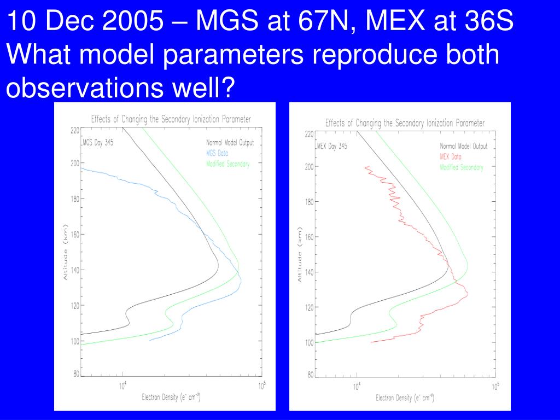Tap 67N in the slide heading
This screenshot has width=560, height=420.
(x=305, y=22)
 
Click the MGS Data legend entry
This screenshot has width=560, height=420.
(x=217, y=153)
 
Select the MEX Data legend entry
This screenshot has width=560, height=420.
(x=451, y=156)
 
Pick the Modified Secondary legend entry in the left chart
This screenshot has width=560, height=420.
(x=228, y=164)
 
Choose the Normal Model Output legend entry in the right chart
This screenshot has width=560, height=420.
(x=464, y=146)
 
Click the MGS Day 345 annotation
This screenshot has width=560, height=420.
(x=98, y=143)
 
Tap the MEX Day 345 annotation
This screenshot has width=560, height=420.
(x=332, y=146)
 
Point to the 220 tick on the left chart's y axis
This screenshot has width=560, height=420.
(x=74, y=130)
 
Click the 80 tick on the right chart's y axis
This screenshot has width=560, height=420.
(x=310, y=375)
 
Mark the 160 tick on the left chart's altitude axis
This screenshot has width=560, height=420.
(x=74, y=235)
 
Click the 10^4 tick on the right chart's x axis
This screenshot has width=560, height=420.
(x=356, y=388)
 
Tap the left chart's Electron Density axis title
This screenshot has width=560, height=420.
(x=171, y=398)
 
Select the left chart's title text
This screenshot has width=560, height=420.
(x=171, y=119)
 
